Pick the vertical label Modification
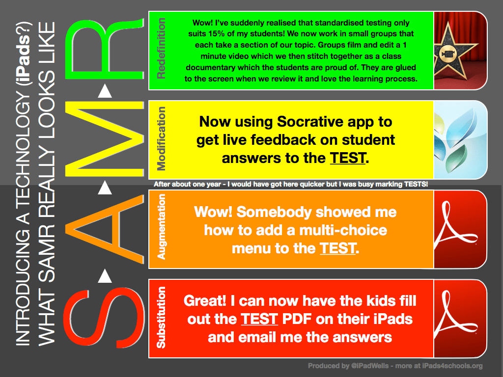click(x=161, y=139)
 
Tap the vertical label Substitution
click(x=161, y=318)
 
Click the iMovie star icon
click(x=460, y=51)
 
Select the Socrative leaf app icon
click(x=460, y=139)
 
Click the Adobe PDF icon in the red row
click(x=460, y=318)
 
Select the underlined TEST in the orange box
click(x=337, y=248)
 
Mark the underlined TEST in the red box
click(x=260, y=319)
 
